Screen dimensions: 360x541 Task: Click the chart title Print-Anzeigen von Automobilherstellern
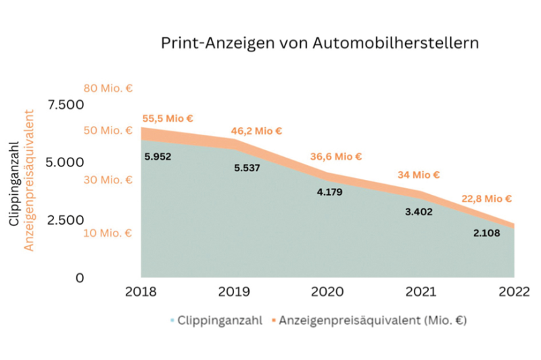319,43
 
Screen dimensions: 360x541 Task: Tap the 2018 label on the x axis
141,292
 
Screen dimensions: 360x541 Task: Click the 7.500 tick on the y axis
65,105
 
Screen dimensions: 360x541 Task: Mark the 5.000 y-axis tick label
65,162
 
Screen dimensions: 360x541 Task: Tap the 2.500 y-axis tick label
65,220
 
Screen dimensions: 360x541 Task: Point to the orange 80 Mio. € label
107,88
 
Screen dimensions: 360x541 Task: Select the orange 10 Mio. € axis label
107,233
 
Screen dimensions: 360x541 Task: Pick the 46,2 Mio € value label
256,131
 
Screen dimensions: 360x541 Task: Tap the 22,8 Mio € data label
486,199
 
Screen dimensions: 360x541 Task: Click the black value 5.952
158,157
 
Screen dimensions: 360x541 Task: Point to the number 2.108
488,233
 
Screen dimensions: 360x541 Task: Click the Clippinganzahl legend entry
216,319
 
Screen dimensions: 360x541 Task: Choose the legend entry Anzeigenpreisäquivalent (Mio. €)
369,319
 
